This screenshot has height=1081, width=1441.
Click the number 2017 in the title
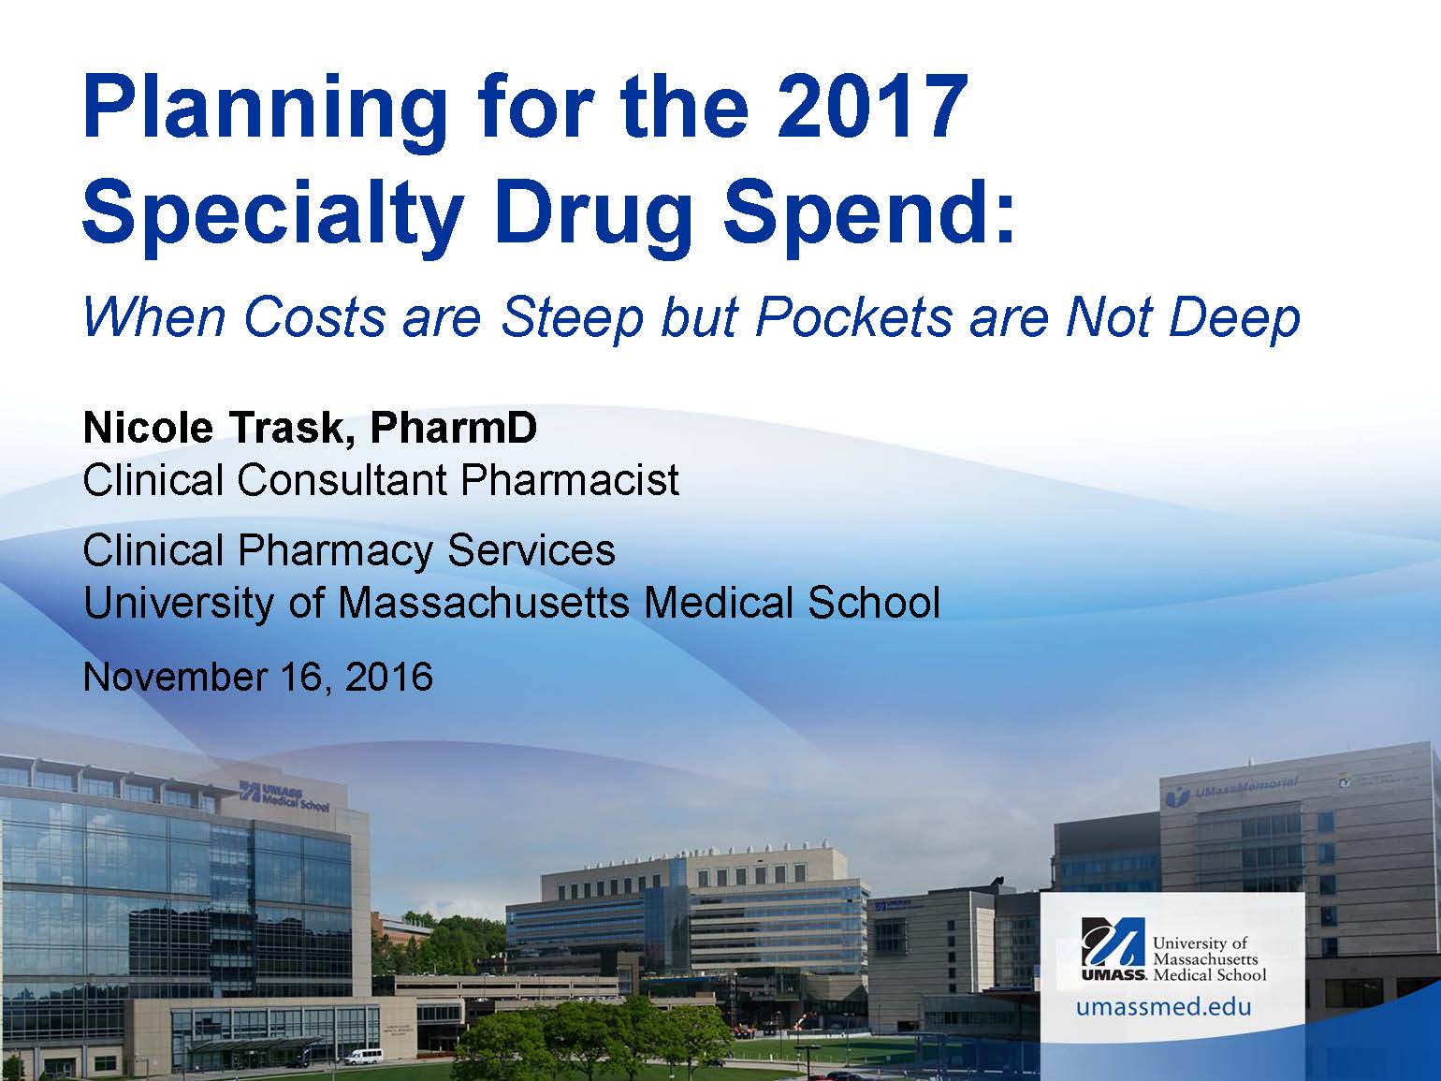(x=872, y=106)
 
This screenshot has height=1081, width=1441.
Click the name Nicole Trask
(x=214, y=429)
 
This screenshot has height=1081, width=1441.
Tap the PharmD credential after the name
(x=454, y=428)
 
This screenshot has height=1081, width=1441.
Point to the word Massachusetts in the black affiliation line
(x=484, y=603)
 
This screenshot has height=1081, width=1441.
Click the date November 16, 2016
(x=258, y=677)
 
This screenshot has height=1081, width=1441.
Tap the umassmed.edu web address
(x=1163, y=1006)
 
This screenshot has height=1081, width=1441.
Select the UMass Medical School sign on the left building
(x=284, y=795)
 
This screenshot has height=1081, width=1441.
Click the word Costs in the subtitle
(x=315, y=319)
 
